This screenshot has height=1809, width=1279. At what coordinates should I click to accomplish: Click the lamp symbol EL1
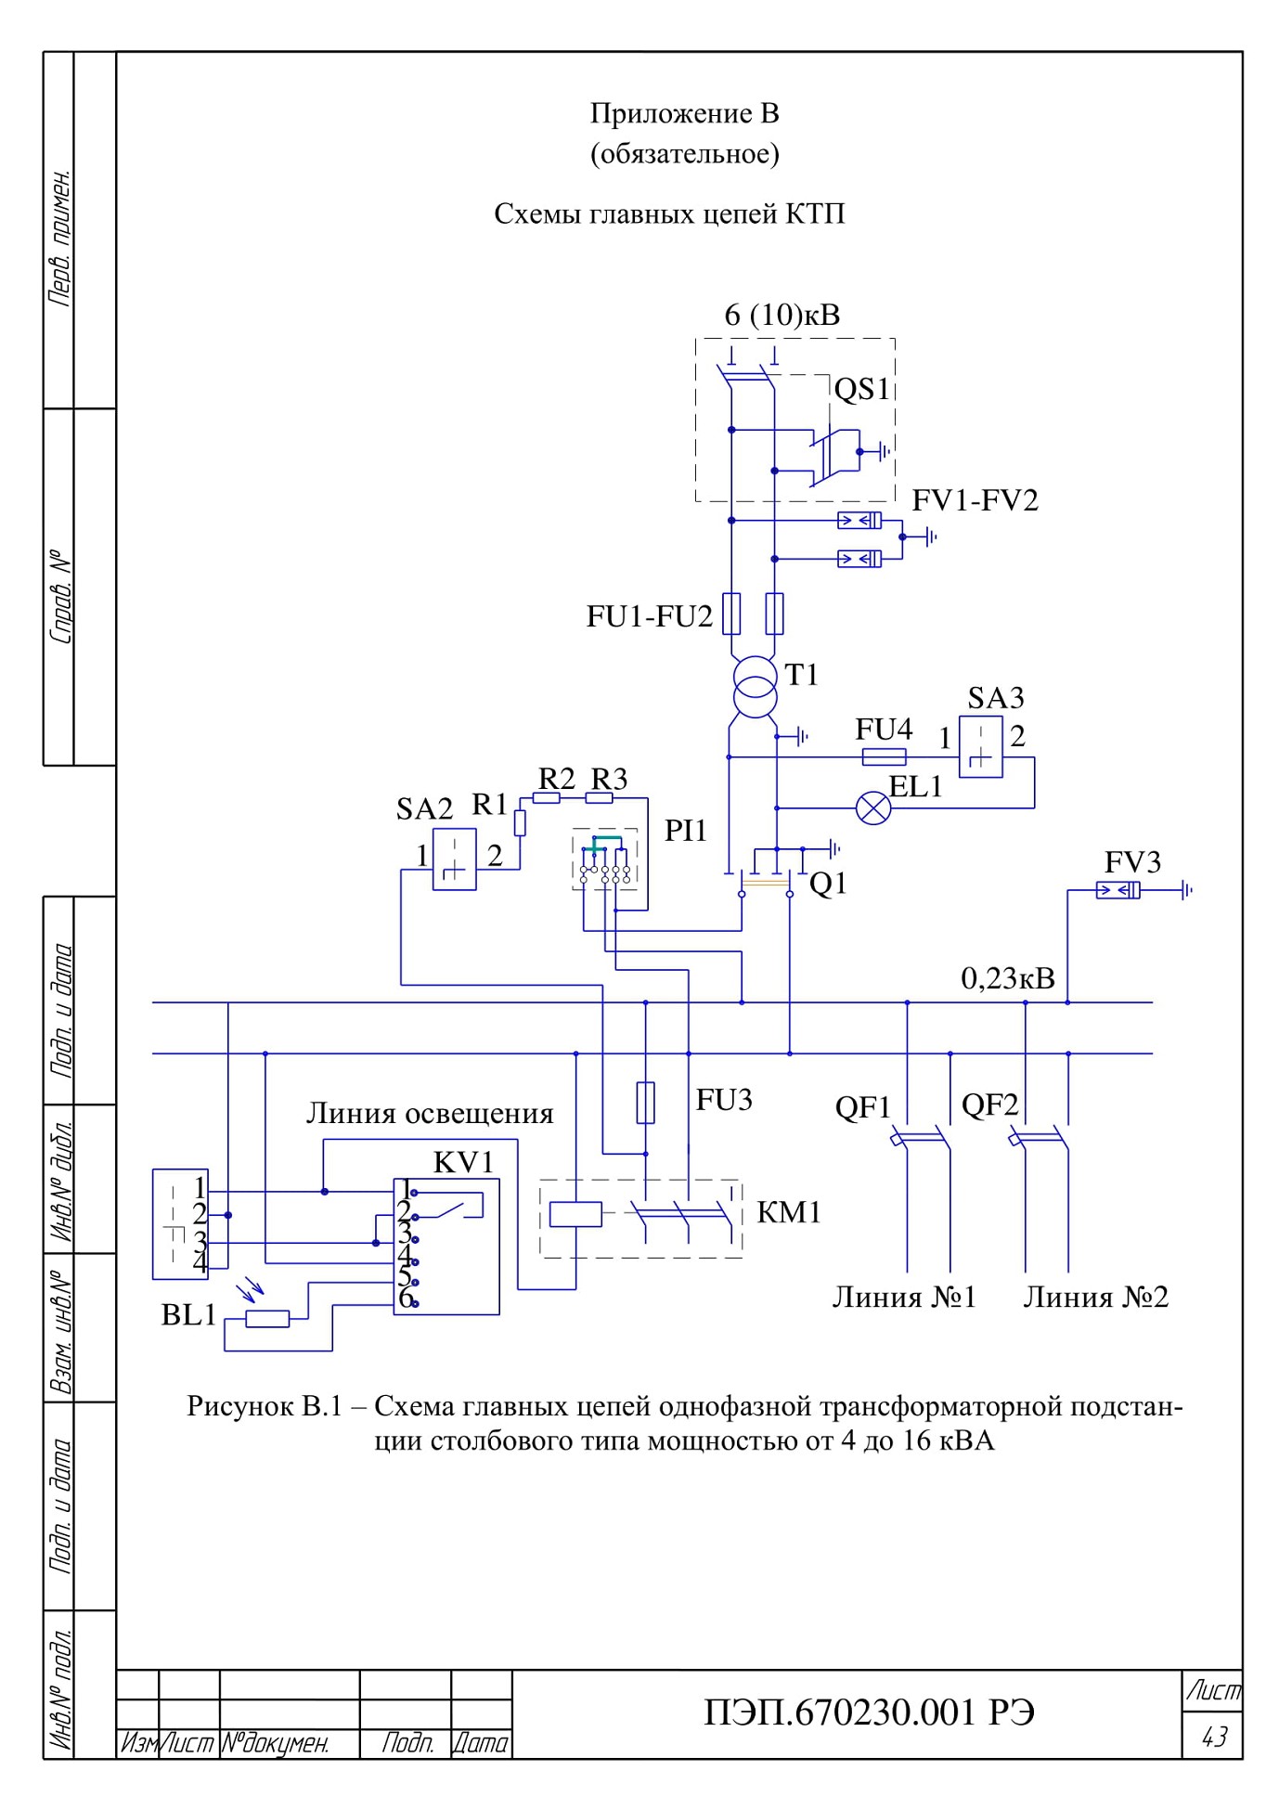(x=872, y=808)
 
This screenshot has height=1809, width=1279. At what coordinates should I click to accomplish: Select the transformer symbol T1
(x=753, y=688)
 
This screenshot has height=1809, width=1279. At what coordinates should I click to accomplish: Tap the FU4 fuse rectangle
(x=885, y=757)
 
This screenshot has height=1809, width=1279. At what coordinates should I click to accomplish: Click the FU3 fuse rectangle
(x=646, y=1103)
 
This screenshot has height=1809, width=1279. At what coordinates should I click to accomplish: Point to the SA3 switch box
(x=981, y=746)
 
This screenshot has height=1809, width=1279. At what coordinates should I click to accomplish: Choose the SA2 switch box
(x=455, y=859)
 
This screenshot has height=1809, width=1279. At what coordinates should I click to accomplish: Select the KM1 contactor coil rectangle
(x=575, y=1214)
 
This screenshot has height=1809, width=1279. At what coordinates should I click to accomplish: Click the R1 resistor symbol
(x=521, y=823)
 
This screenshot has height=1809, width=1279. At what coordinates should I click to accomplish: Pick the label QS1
(x=861, y=389)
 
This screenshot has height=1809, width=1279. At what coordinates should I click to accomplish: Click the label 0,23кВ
(x=1008, y=978)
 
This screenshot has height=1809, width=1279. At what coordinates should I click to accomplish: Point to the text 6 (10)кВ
(x=782, y=316)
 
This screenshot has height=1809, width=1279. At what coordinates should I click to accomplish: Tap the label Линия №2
(x=1096, y=1297)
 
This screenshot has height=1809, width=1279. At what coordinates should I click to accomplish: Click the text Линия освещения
(x=430, y=1113)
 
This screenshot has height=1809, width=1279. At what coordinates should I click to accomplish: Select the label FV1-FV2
(x=975, y=500)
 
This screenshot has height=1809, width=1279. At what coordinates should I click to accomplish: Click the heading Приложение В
(x=685, y=113)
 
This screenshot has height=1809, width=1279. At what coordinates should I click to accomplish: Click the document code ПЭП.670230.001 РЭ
(x=870, y=1712)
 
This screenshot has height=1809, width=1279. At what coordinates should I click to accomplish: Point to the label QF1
(x=863, y=1107)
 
